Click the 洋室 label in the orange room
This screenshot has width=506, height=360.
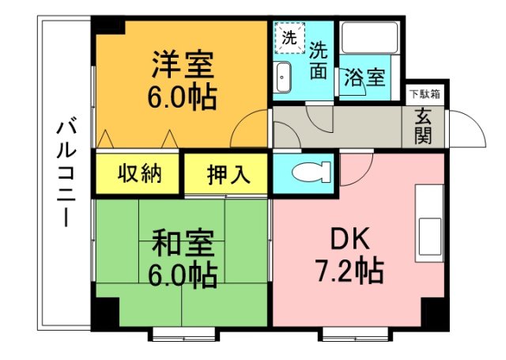click(x=183, y=64)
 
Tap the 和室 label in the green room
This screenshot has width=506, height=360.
click(x=183, y=243)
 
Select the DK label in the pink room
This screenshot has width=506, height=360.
click(x=350, y=238)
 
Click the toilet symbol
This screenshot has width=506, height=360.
click(x=312, y=172)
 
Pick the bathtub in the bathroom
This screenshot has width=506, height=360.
click(x=369, y=37)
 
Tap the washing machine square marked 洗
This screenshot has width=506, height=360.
click(x=289, y=38)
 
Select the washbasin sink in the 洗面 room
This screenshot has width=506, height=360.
click(x=284, y=78)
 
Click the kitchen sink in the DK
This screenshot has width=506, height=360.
click(x=430, y=236)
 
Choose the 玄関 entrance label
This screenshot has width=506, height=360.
click(x=424, y=126)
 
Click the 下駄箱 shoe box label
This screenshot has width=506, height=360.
click(x=425, y=94)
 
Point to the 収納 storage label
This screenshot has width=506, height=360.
click(x=139, y=174)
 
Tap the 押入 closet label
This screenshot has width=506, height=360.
click(x=228, y=174)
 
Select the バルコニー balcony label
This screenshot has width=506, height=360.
click(x=66, y=174)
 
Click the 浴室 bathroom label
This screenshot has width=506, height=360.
click(x=364, y=78)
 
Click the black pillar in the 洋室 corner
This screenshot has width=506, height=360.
click(x=108, y=25)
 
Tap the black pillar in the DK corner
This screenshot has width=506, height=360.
click(x=436, y=313)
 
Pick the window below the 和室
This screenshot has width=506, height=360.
click(x=183, y=335)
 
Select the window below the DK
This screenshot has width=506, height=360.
click(x=355, y=335)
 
